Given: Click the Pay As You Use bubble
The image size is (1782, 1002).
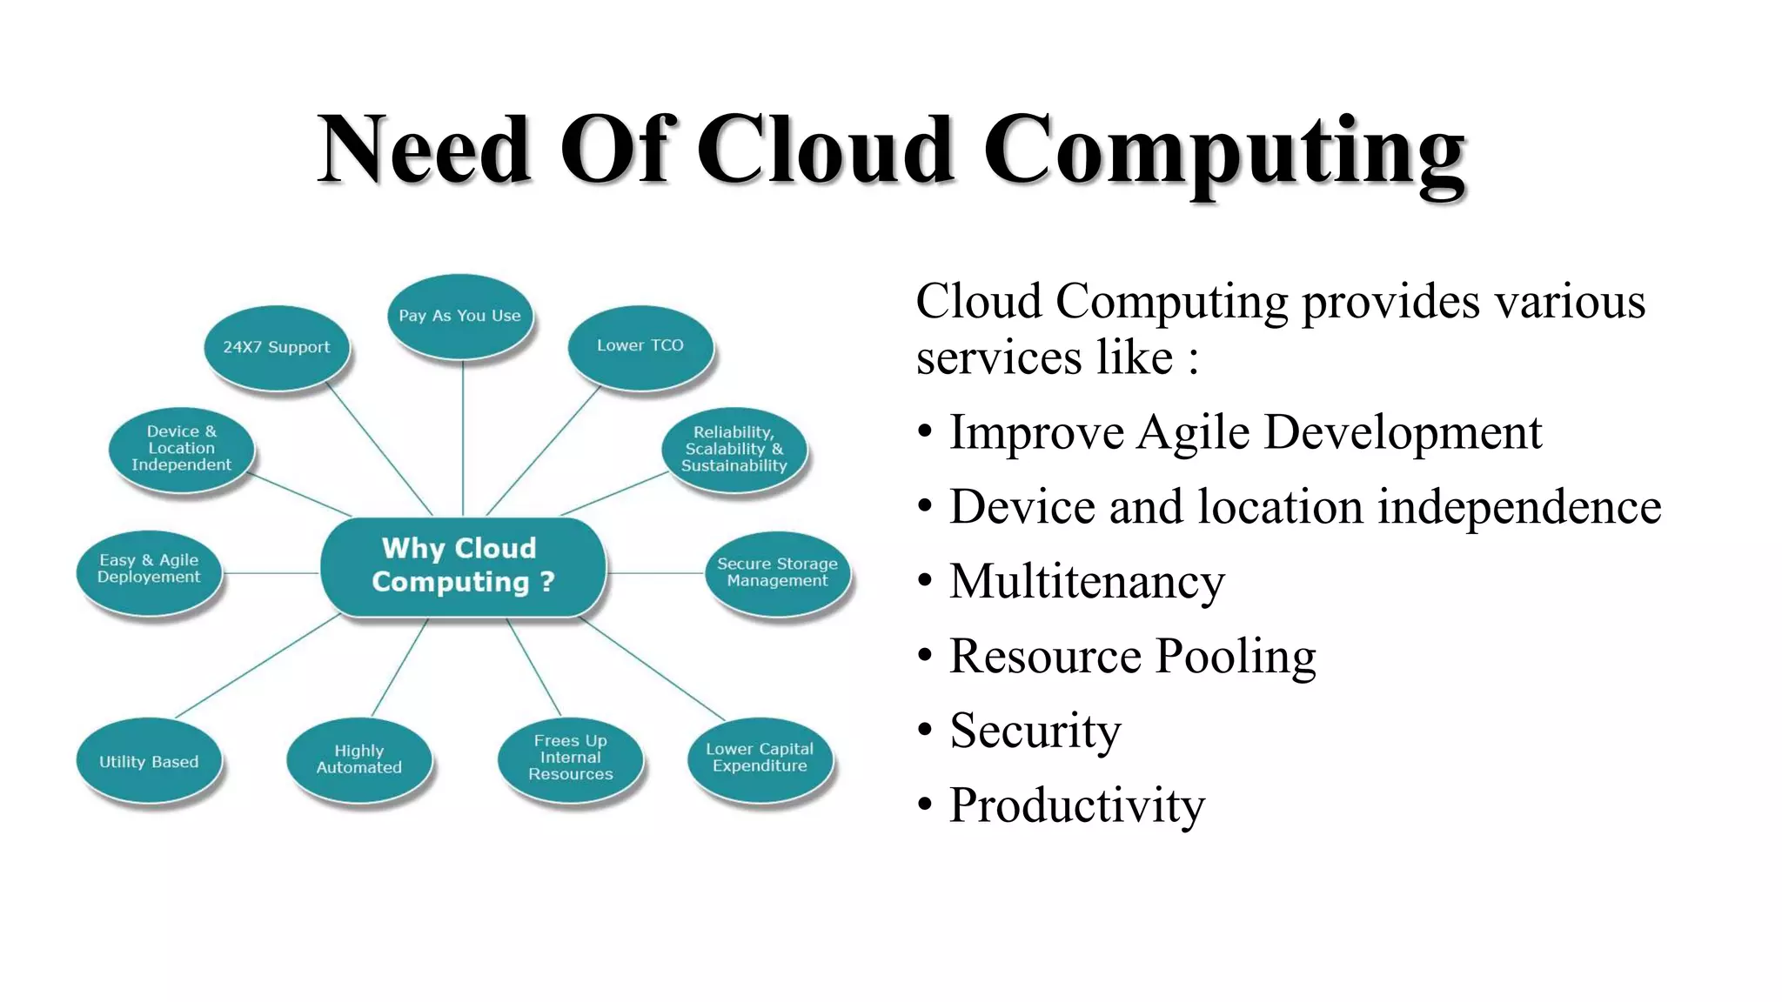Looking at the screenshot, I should click(x=459, y=317).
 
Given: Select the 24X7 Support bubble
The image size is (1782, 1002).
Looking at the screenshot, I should click(x=277, y=347).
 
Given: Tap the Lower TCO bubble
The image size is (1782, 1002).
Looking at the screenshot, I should click(x=640, y=346).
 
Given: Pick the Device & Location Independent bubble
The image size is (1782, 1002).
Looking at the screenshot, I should click(x=181, y=449).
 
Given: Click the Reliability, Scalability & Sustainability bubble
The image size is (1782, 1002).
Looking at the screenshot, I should click(x=734, y=450).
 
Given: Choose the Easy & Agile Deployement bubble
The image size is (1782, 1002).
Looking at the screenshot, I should click(x=149, y=570).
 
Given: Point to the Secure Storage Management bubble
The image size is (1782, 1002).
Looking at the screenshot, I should click(x=777, y=572).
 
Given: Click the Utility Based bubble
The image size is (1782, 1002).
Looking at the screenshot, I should click(x=149, y=762).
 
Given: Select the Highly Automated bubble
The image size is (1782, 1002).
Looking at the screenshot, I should click(x=358, y=759).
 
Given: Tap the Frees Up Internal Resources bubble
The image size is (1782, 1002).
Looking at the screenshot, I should click(x=571, y=758).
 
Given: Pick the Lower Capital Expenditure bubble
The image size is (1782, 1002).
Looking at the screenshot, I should click(x=760, y=758).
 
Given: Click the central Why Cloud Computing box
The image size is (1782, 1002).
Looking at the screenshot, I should click(x=463, y=566).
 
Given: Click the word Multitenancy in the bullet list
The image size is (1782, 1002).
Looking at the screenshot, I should click(x=1087, y=582).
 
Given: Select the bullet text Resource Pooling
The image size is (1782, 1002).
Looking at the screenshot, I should click(x=1132, y=657).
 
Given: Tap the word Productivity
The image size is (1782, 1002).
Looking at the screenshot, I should click(x=1076, y=805).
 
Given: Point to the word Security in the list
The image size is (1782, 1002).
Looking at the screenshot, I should click(x=1035, y=731).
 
